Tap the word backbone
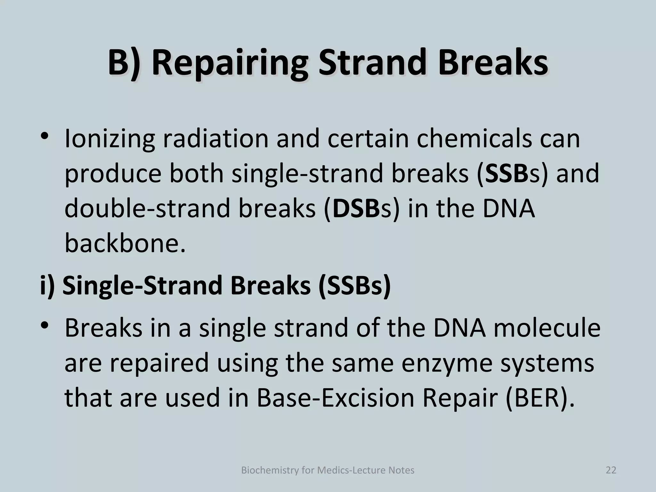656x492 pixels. click(x=125, y=243)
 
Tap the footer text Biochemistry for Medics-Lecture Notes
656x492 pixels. click(x=327, y=470)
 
